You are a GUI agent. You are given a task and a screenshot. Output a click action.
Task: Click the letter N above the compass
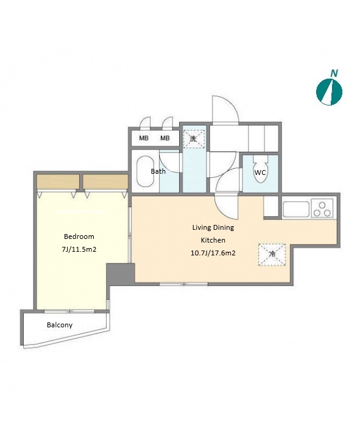(x=334, y=73)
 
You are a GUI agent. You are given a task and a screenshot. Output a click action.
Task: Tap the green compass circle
(x=329, y=92)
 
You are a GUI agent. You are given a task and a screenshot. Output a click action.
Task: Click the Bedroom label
(x=79, y=237)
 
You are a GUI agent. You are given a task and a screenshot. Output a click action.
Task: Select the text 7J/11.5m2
(x=79, y=249)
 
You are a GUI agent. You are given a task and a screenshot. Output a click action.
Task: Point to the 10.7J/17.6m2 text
(x=213, y=253)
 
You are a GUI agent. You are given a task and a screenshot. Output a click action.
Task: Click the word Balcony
(x=60, y=325)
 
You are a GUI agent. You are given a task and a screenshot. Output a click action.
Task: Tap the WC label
(x=260, y=173)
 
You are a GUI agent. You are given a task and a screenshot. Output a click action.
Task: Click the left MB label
(x=144, y=138)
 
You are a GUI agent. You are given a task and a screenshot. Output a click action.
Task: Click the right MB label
(x=165, y=138)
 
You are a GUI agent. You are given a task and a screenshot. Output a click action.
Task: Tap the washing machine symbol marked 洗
(x=194, y=138)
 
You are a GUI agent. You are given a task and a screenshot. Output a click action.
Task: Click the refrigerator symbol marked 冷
(x=272, y=255)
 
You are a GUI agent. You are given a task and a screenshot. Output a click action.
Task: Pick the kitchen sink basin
(x=296, y=209)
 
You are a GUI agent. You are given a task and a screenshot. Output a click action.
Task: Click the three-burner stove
(x=322, y=208)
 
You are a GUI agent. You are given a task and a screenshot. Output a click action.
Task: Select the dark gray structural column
(x=121, y=274)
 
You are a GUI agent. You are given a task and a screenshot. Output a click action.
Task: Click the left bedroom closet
(x=58, y=182)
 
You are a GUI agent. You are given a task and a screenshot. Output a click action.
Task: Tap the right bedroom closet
(x=105, y=182)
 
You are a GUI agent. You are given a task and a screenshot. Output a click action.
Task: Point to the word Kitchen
(x=213, y=240)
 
